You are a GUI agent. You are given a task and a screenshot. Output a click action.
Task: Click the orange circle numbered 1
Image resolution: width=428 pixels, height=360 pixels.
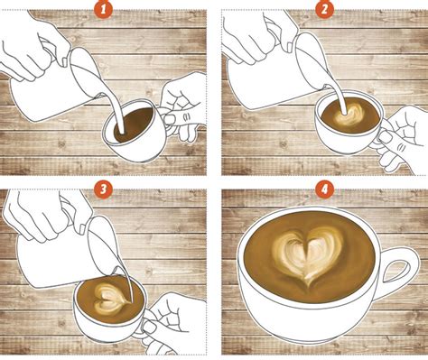click(106, 11)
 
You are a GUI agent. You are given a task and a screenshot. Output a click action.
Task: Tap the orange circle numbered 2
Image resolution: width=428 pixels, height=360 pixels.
click(322, 11)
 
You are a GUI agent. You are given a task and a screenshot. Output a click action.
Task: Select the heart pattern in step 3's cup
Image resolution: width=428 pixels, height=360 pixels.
click(108, 298)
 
